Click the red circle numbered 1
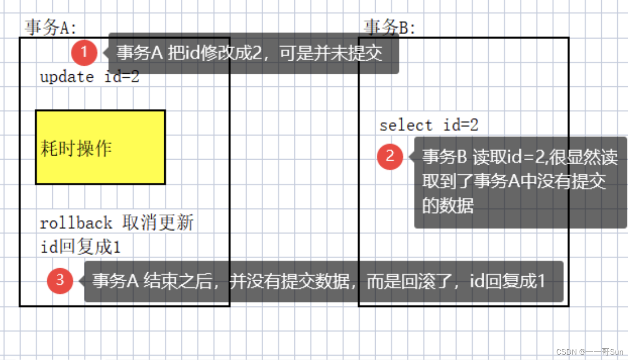tap(84, 53)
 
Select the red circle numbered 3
tap(60, 281)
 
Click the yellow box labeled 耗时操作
tap(100, 147)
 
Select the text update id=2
tap(90, 77)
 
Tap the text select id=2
tap(429, 125)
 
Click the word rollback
tap(76, 223)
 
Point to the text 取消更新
tap(158, 223)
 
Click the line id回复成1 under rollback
tap(81, 247)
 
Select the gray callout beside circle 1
tap(252, 53)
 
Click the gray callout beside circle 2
tap(520, 182)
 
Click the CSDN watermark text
tap(589, 351)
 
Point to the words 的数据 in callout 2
tap(448, 206)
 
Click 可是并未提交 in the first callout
tap(331, 53)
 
